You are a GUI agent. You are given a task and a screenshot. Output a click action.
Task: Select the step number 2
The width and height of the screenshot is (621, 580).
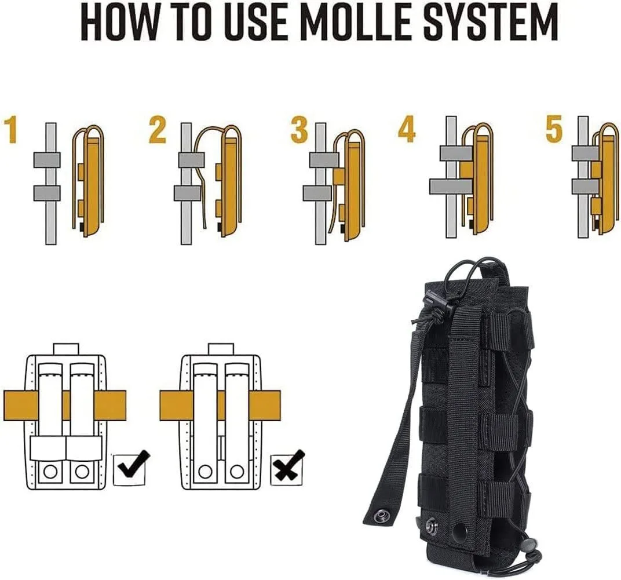(157, 130)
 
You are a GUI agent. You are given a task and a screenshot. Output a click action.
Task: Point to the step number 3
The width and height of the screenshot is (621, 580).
(299, 130)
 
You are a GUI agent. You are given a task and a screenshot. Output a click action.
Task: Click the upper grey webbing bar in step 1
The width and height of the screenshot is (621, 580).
(47, 160)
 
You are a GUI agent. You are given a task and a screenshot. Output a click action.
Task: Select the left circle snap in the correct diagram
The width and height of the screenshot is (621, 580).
(50, 472)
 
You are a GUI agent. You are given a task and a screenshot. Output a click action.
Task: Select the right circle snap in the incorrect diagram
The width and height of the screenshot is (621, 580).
(236, 472)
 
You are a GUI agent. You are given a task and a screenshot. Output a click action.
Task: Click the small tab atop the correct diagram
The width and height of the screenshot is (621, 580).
(65, 348)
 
